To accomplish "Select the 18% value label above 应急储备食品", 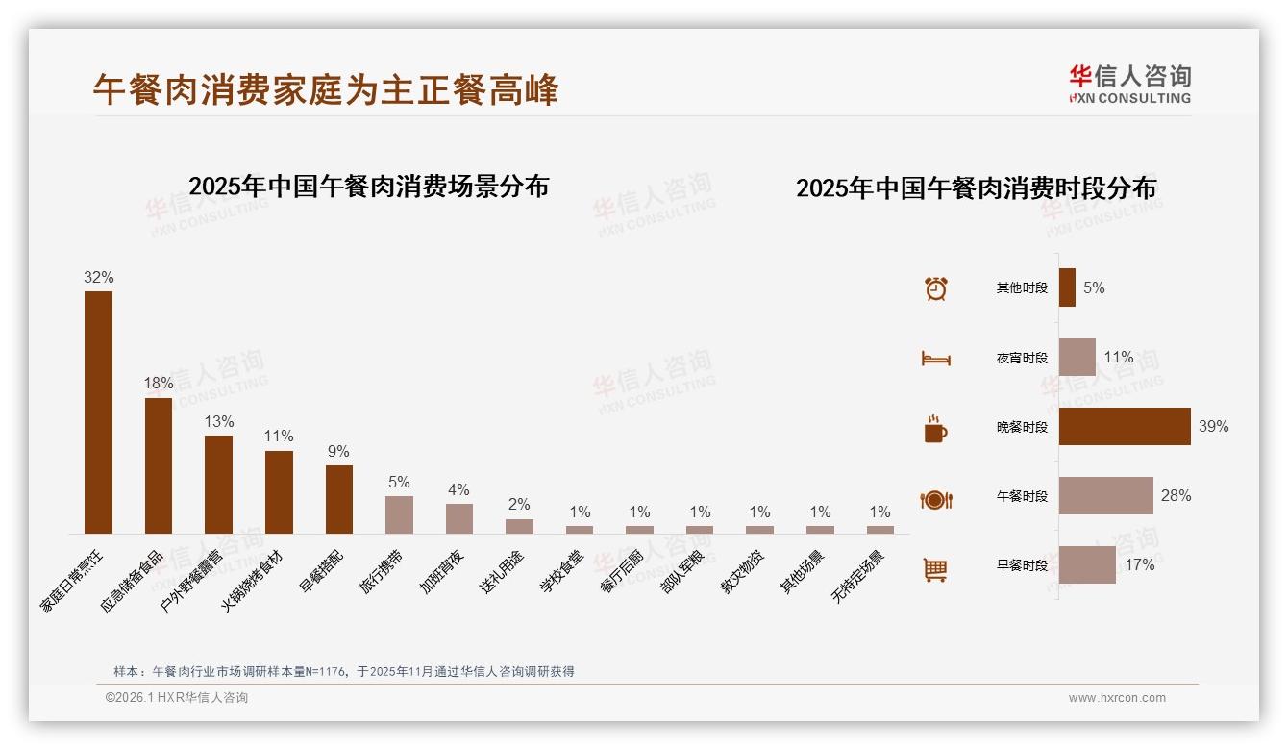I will (x=159, y=383).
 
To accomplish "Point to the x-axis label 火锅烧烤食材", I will (x=253, y=583).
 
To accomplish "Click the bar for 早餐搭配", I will (x=338, y=499).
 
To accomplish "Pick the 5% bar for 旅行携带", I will (x=399, y=514).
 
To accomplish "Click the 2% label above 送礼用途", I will (x=519, y=504).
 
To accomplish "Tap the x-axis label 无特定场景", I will (x=858, y=577).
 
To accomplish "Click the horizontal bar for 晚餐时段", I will (x=1124, y=426).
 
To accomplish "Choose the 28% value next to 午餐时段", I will (x=1176, y=495).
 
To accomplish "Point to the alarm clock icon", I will (x=935, y=287).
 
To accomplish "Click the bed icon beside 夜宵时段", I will (x=935, y=358).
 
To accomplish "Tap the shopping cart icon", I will (x=935, y=569).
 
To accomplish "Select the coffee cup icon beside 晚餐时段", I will (x=935, y=429).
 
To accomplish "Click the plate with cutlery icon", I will (x=935, y=499).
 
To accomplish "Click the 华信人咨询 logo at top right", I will (x=1129, y=84).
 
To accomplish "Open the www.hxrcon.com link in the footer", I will (x=1116, y=698).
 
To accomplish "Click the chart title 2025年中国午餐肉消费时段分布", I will (x=976, y=187).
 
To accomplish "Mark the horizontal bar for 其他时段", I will (x=1067, y=287).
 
